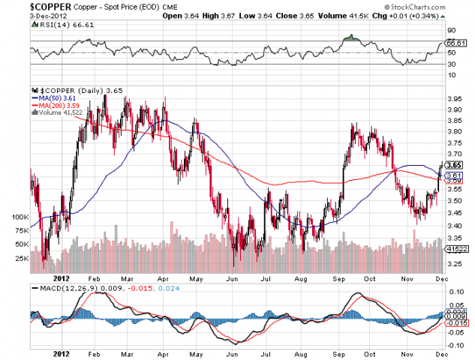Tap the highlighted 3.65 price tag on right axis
[453, 165]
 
